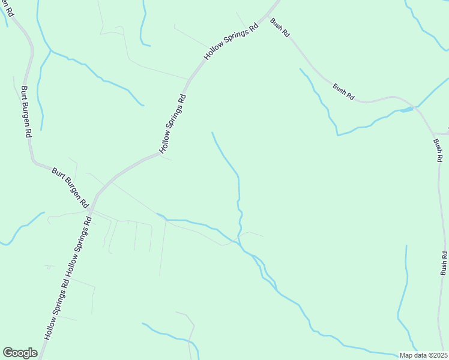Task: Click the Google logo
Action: [20, 352]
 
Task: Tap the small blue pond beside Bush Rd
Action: [407, 109]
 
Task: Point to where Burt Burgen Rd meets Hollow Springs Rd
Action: [91, 208]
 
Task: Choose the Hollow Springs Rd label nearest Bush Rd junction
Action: [232, 41]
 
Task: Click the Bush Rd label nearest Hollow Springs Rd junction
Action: [280, 28]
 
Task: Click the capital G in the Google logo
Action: [8, 352]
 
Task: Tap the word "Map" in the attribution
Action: [406, 355]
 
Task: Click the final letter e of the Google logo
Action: [34, 353]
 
